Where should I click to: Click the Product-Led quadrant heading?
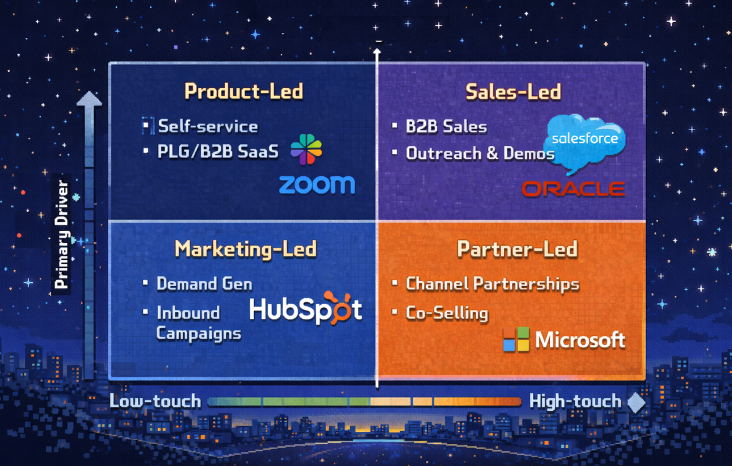(x=243, y=92)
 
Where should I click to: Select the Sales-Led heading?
(x=513, y=92)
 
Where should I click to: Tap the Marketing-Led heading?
(x=245, y=249)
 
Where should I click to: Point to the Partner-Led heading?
(x=517, y=249)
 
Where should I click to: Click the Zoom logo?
(x=317, y=184)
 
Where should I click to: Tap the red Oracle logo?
(x=573, y=188)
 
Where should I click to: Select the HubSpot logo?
(x=306, y=309)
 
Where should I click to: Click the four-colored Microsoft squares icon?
(x=516, y=340)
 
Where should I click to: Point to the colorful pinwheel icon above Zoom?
(x=306, y=150)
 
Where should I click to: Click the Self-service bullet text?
(x=208, y=126)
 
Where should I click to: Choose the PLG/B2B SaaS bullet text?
(x=218, y=152)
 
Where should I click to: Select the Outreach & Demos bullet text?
(x=480, y=153)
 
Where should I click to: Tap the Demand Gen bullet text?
(x=204, y=284)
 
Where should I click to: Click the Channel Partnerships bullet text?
(x=492, y=284)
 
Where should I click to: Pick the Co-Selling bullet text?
(x=447, y=313)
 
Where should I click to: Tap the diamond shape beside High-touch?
(x=637, y=402)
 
